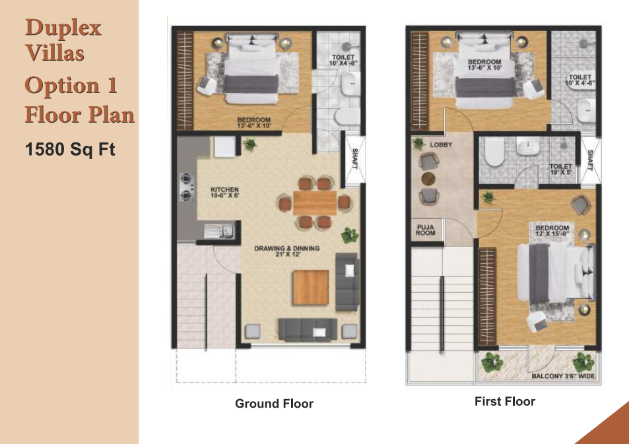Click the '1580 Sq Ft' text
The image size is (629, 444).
coord(70,149)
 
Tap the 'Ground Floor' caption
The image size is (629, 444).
coord(274,404)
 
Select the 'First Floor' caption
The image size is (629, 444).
coord(505,402)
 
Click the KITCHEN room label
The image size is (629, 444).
coord(224,192)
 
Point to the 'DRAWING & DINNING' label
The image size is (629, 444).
coord(287,251)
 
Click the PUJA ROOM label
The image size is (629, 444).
coord(426,230)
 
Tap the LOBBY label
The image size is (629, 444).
coord(441,144)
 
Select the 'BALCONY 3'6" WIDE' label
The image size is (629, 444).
coord(563,376)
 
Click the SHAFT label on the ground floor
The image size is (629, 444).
coord(355,159)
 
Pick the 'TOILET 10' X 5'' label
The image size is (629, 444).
coord(561,170)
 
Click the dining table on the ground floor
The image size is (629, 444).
coord(315,203)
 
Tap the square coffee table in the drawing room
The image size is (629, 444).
coord(310,288)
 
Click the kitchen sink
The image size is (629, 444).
coord(219,232)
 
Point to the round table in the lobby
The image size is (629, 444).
coord(428,179)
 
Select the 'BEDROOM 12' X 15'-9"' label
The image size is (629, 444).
coord(552,231)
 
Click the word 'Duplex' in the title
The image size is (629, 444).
coord(63,28)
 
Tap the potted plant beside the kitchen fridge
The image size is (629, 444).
coord(249,144)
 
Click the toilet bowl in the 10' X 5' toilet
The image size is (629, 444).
coord(494,152)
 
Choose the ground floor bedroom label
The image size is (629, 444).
coord(254,123)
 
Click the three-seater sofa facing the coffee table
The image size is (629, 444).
coord(308,330)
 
